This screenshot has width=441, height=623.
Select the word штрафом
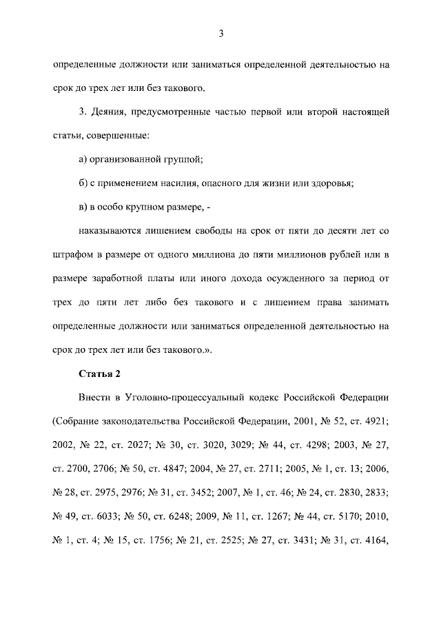72,255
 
